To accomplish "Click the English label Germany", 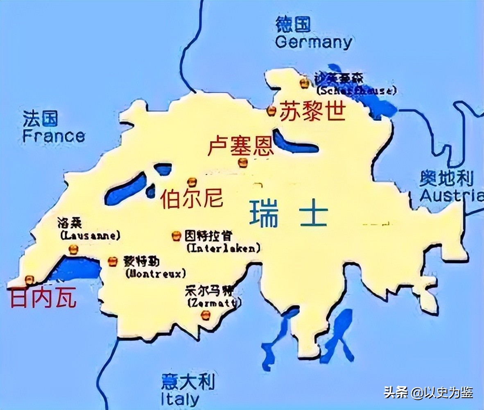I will (314, 42).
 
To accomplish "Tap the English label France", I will (54, 136).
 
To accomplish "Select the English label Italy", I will (180, 399).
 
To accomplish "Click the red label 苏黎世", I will (312, 111).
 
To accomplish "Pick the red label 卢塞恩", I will (240, 146).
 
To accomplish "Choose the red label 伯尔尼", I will (192, 199).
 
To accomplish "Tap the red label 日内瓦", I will (43, 298).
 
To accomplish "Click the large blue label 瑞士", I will (289, 214).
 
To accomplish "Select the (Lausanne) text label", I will (90, 236).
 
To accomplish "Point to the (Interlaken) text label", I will (223, 248).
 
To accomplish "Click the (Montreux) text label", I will (156, 273).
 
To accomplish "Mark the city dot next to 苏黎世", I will (271, 110).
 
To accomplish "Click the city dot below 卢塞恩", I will (243, 163).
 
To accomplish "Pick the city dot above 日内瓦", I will (29, 280).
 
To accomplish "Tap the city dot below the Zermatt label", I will (206, 315).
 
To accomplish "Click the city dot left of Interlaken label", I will (176, 235).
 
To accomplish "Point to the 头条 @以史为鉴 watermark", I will (428, 392).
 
